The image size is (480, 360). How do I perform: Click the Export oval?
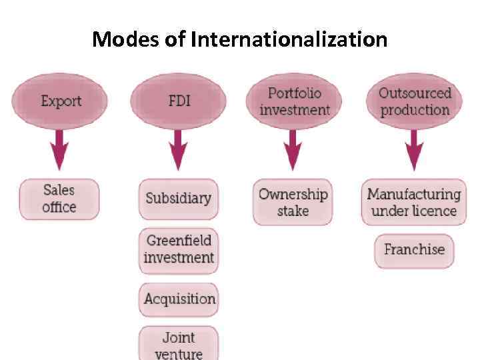pos(61,101)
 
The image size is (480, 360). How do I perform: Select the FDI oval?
pos(178,101)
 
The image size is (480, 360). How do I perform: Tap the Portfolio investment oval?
pos(294,101)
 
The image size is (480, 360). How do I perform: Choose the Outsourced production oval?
pos(415,101)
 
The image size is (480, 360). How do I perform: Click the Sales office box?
pos(59,199)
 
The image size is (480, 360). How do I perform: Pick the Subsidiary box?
pos(178,199)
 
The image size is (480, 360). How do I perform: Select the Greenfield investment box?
pos(179,249)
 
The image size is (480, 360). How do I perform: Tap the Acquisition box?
pos(179,299)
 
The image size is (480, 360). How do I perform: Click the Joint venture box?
pos(178,343)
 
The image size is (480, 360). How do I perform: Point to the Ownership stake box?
pos(293,202)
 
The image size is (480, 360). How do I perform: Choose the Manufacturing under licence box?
pos(414,202)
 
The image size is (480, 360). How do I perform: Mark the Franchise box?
pos(414,250)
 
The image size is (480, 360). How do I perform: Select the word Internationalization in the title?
pos(289,40)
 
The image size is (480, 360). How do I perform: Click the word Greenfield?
pos(179,241)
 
